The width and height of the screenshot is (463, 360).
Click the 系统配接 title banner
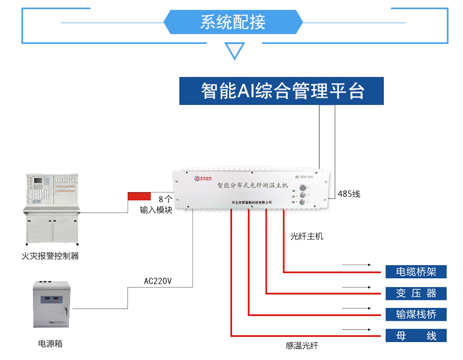[x=233, y=22]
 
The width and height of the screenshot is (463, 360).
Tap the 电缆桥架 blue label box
[x=416, y=271]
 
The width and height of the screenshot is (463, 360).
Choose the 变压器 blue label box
[x=416, y=293]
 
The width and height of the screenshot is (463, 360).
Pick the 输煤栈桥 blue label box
[x=416, y=314]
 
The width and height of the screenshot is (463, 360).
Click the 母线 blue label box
[x=416, y=336]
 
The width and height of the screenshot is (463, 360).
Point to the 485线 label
[x=348, y=194]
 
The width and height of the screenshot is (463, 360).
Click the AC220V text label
[x=157, y=281]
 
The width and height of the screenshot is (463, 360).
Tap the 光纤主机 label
[x=307, y=236]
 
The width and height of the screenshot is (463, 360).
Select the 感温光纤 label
[x=302, y=346]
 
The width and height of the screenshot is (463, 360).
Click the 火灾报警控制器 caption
[x=50, y=255]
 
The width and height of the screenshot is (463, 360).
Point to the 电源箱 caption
[x=50, y=343]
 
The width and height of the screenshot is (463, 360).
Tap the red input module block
[x=139, y=197]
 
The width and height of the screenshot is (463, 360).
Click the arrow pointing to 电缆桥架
[x=355, y=266]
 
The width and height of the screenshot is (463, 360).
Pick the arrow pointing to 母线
[x=355, y=330]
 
